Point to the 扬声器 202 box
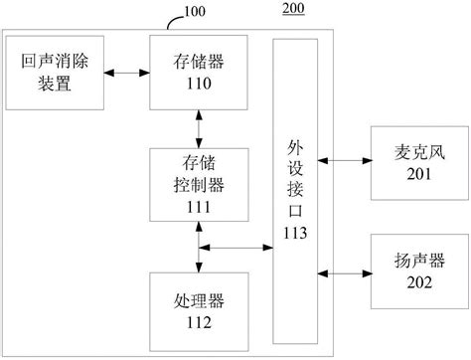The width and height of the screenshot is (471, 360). [407, 271]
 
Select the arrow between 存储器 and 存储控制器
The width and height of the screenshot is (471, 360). [200, 129]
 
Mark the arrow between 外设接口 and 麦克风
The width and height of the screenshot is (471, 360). [345, 159]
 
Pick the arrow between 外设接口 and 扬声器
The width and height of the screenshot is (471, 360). [345, 271]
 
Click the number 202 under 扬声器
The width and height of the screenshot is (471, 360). [407, 282]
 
